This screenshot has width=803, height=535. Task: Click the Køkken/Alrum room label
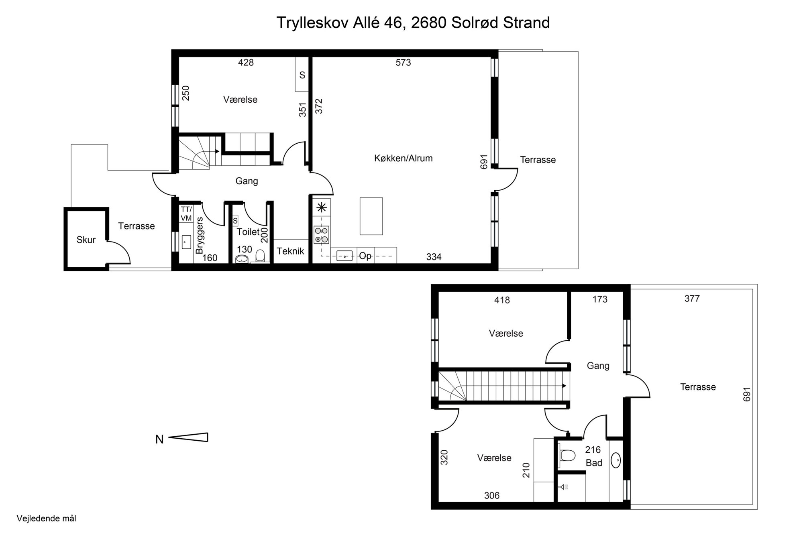click(403, 158)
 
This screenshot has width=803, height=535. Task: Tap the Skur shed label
click(86, 240)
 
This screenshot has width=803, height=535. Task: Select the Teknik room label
click(290, 251)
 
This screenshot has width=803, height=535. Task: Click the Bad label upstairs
click(594, 463)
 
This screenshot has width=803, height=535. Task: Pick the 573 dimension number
click(403, 62)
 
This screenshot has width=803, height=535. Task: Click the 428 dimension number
click(246, 62)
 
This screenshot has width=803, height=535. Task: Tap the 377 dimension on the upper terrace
click(692, 298)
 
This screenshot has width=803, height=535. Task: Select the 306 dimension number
click(491, 496)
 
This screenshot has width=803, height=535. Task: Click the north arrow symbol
click(188, 437)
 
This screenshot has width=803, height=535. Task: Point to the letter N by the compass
click(159, 439)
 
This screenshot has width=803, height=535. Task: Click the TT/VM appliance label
click(186, 214)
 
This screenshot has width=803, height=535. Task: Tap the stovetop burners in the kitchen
click(321, 235)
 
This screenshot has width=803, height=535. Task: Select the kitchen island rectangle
click(371, 216)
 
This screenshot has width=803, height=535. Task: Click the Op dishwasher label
click(365, 256)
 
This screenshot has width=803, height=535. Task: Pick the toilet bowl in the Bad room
click(567, 455)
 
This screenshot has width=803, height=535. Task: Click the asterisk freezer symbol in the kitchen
click(321, 207)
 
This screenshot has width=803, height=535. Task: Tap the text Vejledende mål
click(46, 519)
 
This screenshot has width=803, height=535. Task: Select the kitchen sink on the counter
click(344, 256)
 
